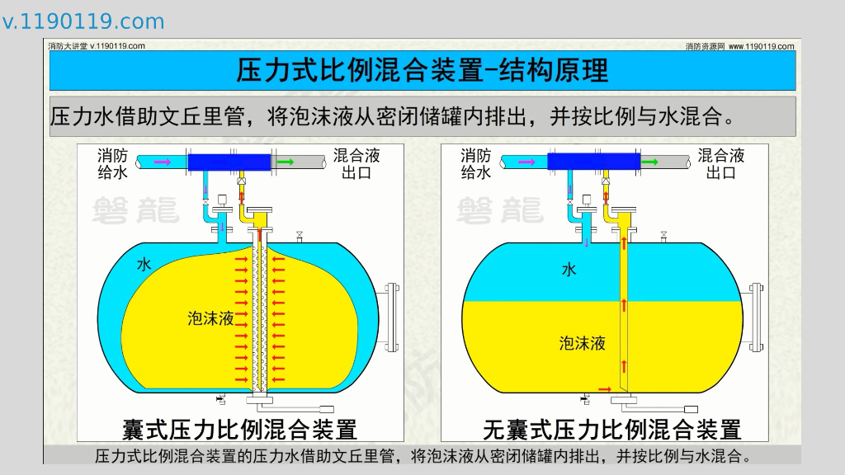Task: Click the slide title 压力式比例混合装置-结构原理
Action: [x=422, y=70]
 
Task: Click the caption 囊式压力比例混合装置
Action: [x=240, y=429]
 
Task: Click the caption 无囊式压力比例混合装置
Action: [x=611, y=429]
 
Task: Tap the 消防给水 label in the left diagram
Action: [x=112, y=163]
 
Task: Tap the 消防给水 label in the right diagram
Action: [x=476, y=163]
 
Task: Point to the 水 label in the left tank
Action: [x=144, y=265]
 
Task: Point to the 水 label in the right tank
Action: [x=569, y=270]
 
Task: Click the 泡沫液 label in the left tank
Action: [x=210, y=318]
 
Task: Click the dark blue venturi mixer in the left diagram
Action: [x=229, y=162]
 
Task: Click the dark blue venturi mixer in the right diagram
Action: [x=594, y=162]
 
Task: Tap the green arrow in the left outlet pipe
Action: [x=285, y=162]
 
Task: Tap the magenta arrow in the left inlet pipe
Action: [x=163, y=162]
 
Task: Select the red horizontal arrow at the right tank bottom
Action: [x=605, y=388]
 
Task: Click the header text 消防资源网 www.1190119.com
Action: [x=739, y=46]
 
